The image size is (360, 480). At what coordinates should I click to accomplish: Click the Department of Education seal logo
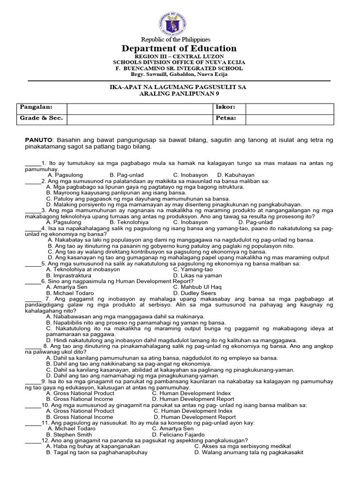click(179, 20)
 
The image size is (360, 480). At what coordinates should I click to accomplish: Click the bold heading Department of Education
click(180, 49)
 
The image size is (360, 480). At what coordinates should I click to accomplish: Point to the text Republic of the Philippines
click(180, 39)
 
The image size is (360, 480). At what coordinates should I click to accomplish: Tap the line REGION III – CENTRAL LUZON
click(180, 56)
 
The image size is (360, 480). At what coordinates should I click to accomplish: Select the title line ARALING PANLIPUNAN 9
click(180, 94)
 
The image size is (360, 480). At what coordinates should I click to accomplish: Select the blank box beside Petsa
click(290, 119)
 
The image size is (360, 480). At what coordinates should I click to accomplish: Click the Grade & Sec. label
click(41, 119)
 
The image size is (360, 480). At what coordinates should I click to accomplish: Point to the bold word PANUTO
click(39, 140)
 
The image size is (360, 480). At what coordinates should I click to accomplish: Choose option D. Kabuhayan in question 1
click(236, 175)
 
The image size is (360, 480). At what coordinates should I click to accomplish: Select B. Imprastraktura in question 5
click(69, 275)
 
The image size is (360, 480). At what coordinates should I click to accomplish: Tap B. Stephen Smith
click(69, 435)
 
